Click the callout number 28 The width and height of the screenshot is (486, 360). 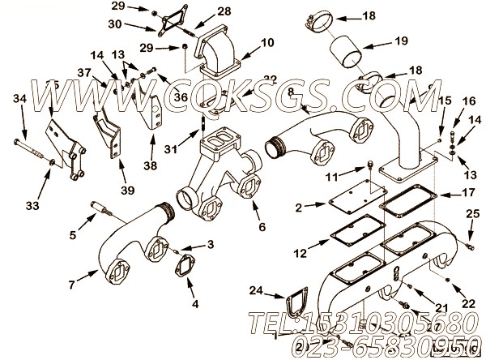point(201,11)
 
